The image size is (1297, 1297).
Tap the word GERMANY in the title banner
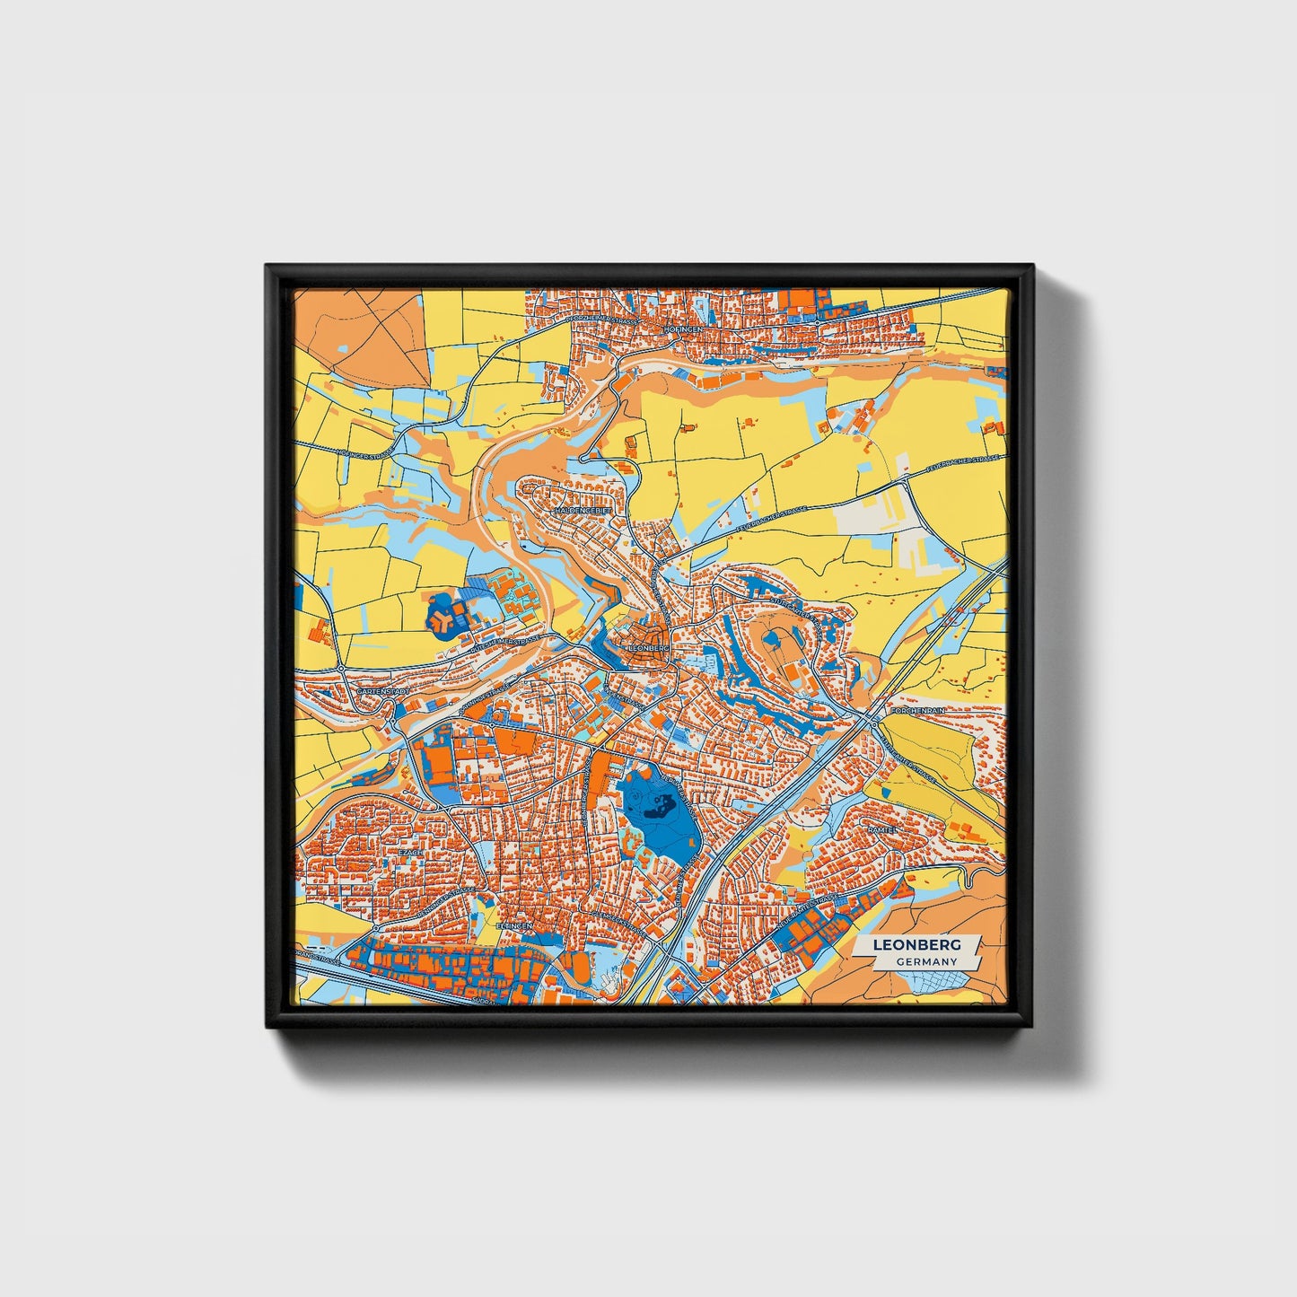[926, 961]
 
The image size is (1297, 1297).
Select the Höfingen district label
[684, 329]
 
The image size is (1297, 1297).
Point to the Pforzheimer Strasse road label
[600, 317]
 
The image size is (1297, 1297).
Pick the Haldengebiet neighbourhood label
[583, 510]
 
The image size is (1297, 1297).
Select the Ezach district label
[410, 853]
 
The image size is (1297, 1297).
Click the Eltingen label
[514, 925]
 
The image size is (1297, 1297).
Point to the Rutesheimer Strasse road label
[505, 638]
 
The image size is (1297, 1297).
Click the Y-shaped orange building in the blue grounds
[441, 618]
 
